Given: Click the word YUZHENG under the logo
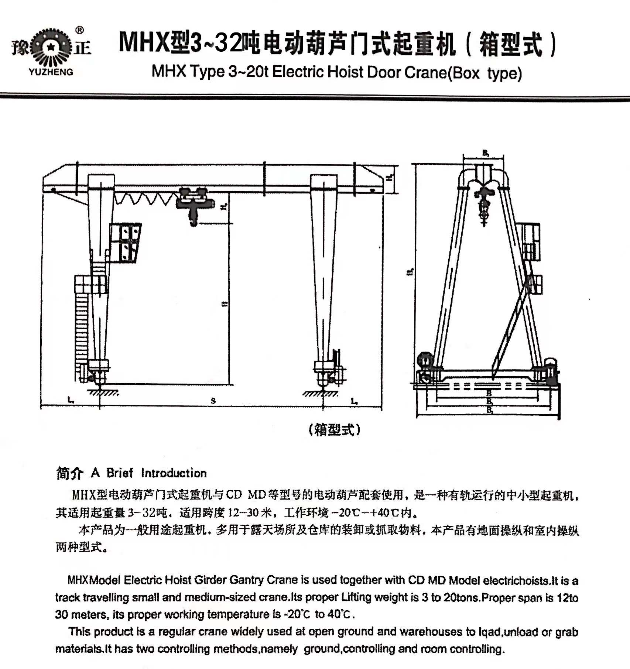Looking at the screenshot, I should [51, 72].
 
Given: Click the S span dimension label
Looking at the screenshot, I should [213, 401].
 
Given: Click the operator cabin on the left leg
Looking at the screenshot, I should [126, 243].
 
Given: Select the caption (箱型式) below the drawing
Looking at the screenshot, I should [335, 429].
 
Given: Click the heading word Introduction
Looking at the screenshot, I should [174, 473].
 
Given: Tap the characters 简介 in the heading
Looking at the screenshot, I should [69, 473].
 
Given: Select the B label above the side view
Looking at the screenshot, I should [485, 152].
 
